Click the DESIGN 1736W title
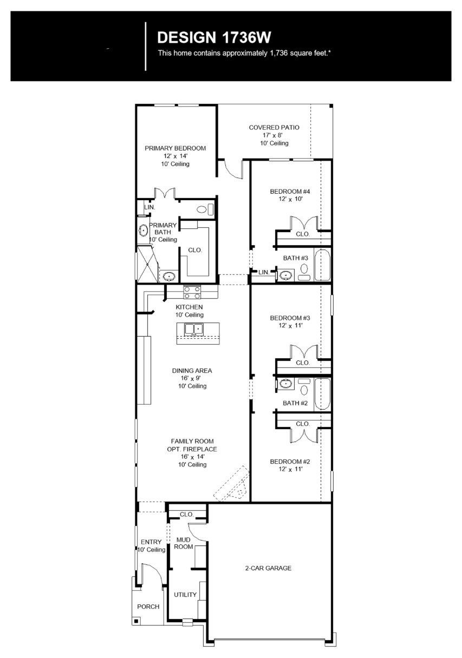click(x=214, y=37)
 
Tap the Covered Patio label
click(x=274, y=128)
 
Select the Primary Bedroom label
click(x=175, y=148)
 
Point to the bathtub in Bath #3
click(x=322, y=265)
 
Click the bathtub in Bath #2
click(x=322, y=393)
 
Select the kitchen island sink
click(x=194, y=330)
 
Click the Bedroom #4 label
click(x=290, y=192)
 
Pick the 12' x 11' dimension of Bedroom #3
click(x=290, y=325)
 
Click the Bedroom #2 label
click(x=290, y=462)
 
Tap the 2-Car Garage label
click(x=268, y=568)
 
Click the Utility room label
click(x=185, y=595)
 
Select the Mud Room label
click(x=183, y=543)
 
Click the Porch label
click(x=148, y=607)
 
